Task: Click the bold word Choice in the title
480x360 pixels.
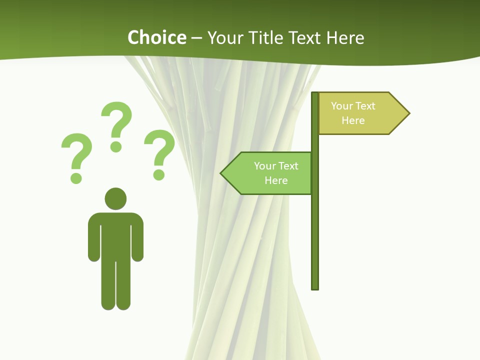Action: click(156, 37)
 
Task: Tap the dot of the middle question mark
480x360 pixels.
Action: click(116, 146)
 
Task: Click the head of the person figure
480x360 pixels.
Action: click(115, 198)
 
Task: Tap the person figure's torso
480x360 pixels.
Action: click(115, 235)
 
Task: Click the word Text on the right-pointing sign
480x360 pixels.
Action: click(365, 106)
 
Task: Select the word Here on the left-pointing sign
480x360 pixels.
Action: click(276, 180)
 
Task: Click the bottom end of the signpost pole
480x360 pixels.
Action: click(315, 287)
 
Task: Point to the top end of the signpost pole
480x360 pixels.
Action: click(315, 94)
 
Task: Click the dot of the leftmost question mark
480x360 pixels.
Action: click(76, 177)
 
